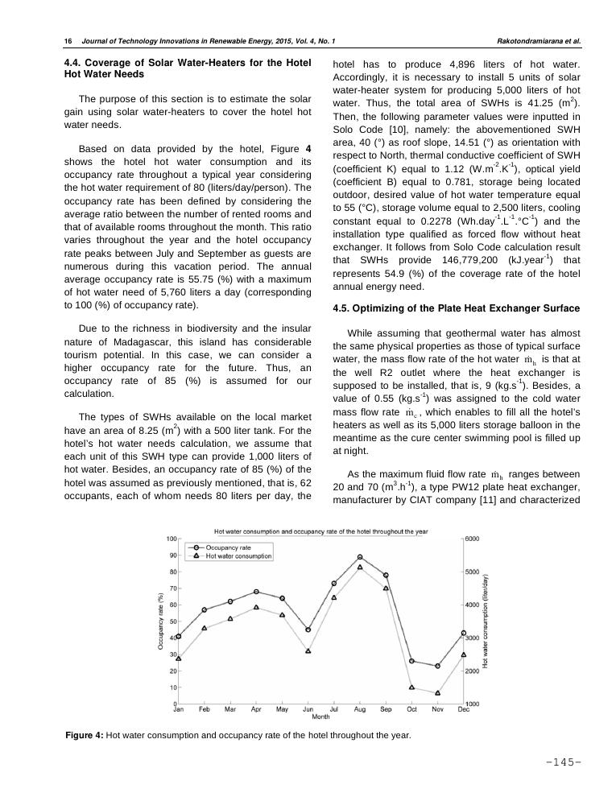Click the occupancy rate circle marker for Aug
coord(360,557)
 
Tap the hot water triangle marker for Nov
coord(438,693)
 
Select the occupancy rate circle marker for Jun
coord(308,630)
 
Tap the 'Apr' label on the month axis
coord(256,709)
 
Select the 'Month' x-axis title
coord(320,716)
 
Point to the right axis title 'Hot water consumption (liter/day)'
coord(486,621)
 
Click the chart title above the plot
coord(320,531)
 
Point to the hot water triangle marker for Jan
coord(179,659)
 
